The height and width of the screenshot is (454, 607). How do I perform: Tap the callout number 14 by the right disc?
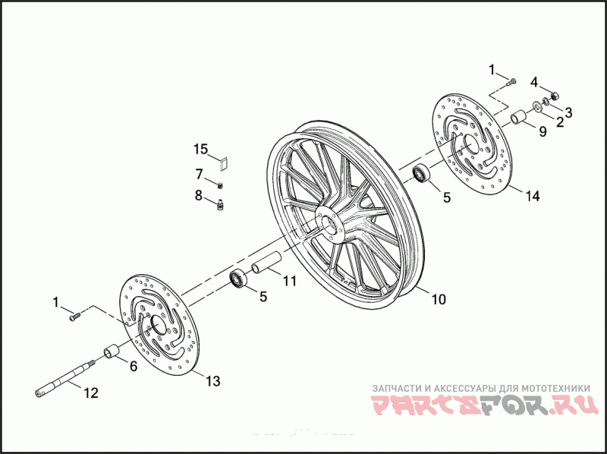(x=533, y=196)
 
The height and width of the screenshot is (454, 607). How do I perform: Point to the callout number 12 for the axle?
(x=90, y=393)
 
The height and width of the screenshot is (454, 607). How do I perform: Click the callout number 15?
(x=200, y=148)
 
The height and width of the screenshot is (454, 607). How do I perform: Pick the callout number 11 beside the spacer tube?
(x=289, y=280)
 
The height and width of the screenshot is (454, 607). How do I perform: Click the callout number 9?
(x=542, y=131)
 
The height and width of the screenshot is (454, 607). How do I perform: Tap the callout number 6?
(x=133, y=366)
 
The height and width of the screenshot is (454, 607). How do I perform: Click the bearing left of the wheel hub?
(x=239, y=278)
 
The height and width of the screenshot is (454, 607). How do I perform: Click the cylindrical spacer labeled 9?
(x=518, y=118)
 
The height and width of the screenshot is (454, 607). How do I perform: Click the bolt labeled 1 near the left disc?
(x=74, y=317)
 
